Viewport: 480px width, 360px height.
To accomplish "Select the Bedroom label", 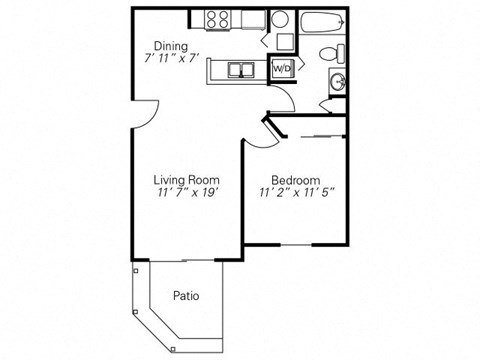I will [296, 180].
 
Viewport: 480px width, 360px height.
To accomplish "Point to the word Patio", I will [185, 296].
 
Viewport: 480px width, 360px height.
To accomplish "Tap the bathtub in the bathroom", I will [318, 23].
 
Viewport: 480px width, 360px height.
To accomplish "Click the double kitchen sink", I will [240, 70].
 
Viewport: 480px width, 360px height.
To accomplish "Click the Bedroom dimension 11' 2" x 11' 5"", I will [296, 193].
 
